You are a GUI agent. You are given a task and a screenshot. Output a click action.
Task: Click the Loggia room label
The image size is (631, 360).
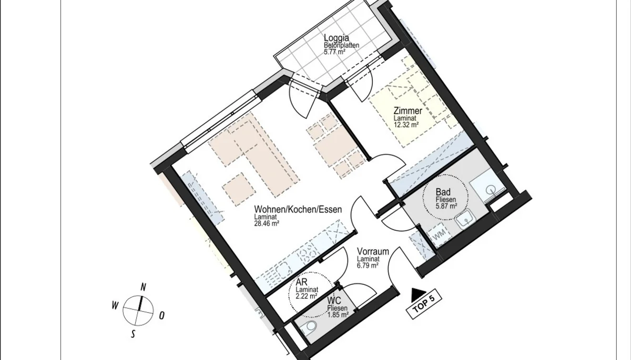pyautogui.click(x=337, y=38)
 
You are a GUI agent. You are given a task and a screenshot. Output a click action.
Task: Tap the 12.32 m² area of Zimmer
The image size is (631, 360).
pyautogui.click(x=406, y=125)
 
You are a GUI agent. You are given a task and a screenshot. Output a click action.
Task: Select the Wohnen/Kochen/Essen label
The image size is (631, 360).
pyautogui.click(x=298, y=209)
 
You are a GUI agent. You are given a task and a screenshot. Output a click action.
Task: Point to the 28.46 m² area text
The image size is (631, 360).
pyautogui.click(x=267, y=223)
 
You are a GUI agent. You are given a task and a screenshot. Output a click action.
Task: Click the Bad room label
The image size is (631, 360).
pyautogui.click(x=443, y=192)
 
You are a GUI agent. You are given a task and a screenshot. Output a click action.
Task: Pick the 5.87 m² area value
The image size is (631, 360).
pyautogui.click(x=446, y=206)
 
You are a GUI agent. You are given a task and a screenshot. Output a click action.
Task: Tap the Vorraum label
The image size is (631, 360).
pyautogui.click(x=373, y=251)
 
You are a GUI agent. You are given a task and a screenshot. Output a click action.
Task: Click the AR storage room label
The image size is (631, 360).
pyautogui.click(x=301, y=282)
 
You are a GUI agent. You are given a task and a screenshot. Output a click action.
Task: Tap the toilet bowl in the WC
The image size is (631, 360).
pyautogui.click(x=309, y=327)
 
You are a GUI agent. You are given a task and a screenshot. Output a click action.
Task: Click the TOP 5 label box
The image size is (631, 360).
pyautogui.click(x=424, y=304)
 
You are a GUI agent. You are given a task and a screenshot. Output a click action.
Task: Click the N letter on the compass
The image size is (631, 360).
pyautogui.click(x=144, y=287)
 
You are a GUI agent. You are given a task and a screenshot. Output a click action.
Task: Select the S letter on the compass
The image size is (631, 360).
pyautogui.click(x=133, y=334)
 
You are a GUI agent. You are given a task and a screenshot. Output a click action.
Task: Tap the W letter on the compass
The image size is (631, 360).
pyautogui.click(x=115, y=305)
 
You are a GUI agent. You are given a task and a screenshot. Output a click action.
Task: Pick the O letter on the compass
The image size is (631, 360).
pyautogui.click(x=162, y=316)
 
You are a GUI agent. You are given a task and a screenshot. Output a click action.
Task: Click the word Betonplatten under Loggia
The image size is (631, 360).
pyautogui.click(x=341, y=45)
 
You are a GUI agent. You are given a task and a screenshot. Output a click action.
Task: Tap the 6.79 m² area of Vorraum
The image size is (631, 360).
pyautogui.click(x=368, y=265)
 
